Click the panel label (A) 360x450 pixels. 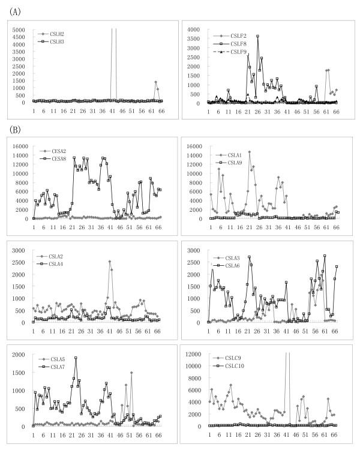13,10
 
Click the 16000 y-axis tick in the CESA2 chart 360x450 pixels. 18,146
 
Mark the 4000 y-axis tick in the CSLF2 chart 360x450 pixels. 197,29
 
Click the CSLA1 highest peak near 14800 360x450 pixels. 249,152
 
